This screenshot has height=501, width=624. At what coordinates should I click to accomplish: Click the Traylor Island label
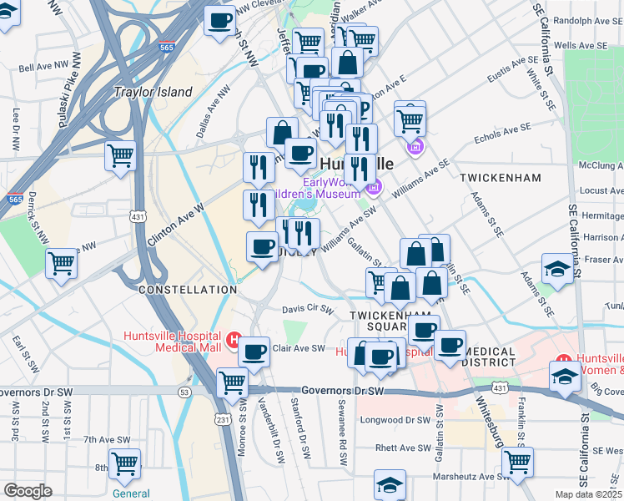153,92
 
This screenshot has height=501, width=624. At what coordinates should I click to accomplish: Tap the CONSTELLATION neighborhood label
188,289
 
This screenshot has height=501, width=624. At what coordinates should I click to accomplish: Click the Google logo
28,491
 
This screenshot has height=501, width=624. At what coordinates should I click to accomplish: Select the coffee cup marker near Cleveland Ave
220,20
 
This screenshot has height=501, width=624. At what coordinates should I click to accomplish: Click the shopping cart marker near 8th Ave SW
125,463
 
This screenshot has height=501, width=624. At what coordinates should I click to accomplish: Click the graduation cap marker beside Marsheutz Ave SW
390,485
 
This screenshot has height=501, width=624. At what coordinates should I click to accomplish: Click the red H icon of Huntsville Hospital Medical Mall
234,341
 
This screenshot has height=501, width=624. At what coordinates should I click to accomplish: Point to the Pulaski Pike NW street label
69,100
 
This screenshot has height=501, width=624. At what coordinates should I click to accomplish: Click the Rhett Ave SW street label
402,448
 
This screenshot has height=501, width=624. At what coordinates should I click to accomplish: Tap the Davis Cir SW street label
308,307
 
